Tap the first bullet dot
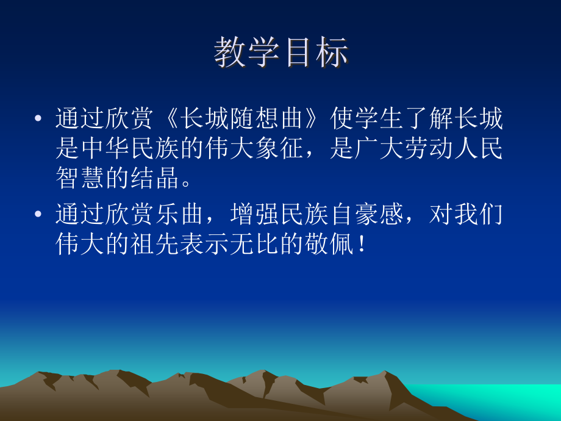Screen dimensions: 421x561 [x=39, y=118]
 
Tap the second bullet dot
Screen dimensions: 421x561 [x=39, y=215]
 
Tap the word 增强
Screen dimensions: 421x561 [x=251, y=215]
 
